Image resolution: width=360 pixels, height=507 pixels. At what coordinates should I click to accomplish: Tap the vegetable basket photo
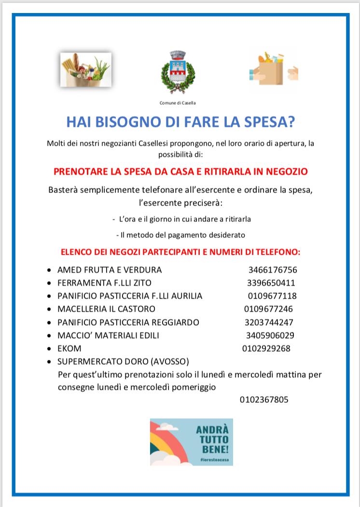click(86, 70)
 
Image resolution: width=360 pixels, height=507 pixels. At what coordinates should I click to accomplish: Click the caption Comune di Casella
click(178, 103)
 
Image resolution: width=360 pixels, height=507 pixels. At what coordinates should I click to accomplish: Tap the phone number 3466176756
click(273, 270)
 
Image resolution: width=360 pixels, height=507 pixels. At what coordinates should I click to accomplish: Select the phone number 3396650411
click(271, 283)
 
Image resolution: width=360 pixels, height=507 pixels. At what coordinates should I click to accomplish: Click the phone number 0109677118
click(272, 296)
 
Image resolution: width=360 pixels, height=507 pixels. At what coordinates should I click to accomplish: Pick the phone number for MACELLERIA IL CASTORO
click(268, 309)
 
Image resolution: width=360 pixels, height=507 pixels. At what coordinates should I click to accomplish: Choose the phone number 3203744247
click(269, 322)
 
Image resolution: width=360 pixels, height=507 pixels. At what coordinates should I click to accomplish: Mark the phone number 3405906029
click(270, 335)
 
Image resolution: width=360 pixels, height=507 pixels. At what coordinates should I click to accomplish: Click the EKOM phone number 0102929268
click(266, 348)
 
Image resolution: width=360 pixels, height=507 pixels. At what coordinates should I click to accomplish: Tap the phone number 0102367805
click(264, 399)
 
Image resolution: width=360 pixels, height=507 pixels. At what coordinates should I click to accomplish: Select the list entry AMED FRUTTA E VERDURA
click(110, 270)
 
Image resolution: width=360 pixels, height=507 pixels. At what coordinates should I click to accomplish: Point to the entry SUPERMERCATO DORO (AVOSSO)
click(123, 361)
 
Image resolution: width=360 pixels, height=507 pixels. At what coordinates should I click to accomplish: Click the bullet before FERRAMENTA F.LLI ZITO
click(49, 283)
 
